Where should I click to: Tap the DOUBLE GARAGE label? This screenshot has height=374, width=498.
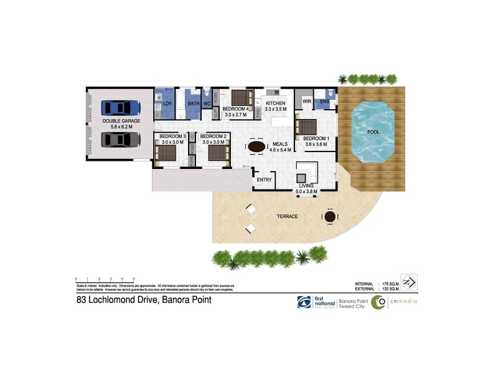pyautogui.click(x=121, y=121)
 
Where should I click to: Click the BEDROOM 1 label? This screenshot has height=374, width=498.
pyautogui.click(x=316, y=138)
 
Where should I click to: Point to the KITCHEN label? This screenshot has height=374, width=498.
pyautogui.click(x=275, y=103)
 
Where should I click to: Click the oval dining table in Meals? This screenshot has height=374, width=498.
pyautogui.click(x=257, y=146)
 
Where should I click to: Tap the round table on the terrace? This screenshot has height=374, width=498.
pyautogui.click(x=329, y=216)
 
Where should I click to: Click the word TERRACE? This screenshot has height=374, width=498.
pyautogui.click(x=288, y=216)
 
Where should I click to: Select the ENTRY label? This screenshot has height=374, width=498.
pyautogui.click(x=265, y=180)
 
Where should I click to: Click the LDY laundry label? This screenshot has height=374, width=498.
pyautogui.click(x=167, y=103)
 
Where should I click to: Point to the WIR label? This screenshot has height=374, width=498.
pyautogui.click(x=306, y=101)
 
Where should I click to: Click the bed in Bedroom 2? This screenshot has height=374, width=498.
pyautogui.click(x=217, y=152)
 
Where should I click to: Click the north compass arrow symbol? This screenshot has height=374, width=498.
pyautogui.click(x=409, y=282)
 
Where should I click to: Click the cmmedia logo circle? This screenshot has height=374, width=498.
pyautogui.click(x=378, y=302)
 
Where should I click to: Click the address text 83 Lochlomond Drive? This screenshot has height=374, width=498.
pyautogui.click(x=140, y=300)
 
